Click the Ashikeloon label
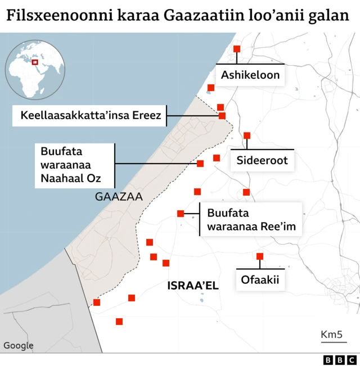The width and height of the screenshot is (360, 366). [250, 75]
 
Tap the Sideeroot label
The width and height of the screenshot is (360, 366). [262, 160]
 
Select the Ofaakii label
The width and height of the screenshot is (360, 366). [260, 279]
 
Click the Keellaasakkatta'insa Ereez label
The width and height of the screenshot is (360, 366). [91, 116]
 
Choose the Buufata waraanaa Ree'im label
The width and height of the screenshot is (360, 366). [251, 220]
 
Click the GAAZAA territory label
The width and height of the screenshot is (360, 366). [119, 197]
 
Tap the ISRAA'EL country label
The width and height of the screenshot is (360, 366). [193, 286]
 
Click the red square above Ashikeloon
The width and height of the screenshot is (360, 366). [237, 49]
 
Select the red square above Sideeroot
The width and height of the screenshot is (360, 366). [247, 135]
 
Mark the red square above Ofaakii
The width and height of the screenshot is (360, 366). [260, 256]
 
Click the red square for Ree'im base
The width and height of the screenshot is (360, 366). [181, 214]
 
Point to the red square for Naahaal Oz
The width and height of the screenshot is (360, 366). [200, 164]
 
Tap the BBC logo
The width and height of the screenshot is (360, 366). [340, 360]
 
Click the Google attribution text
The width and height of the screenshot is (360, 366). [19, 346]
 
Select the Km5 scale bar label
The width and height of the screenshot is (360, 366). [332, 335]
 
